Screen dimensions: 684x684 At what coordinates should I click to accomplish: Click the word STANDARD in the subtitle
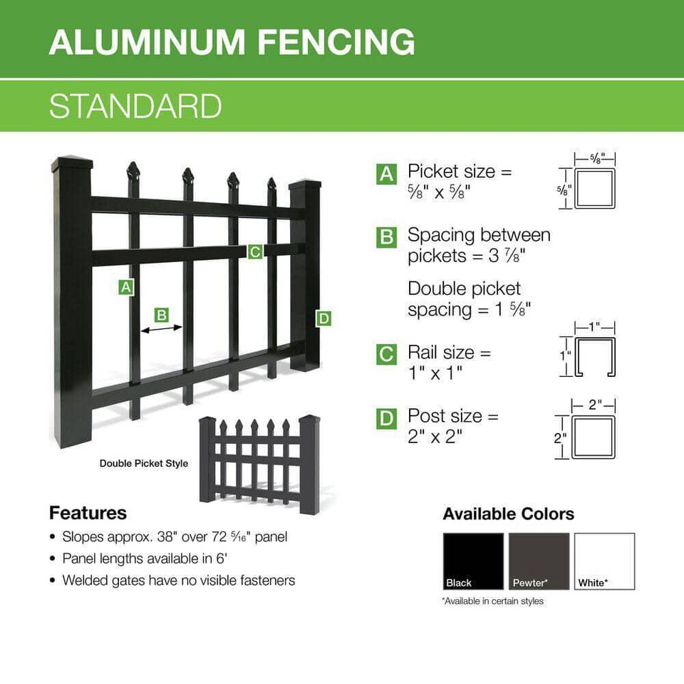pyautogui.click(x=135, y=105)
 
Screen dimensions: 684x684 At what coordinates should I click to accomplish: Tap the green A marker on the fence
pyautogui.click(x=126, y=287)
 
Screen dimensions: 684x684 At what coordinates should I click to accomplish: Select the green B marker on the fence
pyautogui.click(x=162, y=314)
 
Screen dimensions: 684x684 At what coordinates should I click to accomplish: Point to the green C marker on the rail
pyautogui.click(x=254, y=251)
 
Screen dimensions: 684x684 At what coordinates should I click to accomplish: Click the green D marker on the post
pyautogui.click(x=323, y=318)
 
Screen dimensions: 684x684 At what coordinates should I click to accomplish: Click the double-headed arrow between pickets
pyautogui.click(x=162, y=328)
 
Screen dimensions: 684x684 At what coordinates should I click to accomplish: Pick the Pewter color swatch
pyautogui.click(x=539, y=561)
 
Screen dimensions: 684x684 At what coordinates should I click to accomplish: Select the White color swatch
pyautogui.click(x=604, y=561)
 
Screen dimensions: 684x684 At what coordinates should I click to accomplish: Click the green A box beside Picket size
pyautogui.click(x=386, y=173)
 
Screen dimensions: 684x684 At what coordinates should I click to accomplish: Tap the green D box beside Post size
pyautogui.click(x=386, y=418)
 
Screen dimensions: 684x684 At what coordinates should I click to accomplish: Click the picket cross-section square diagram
pyautogui.click(x=594, y=189)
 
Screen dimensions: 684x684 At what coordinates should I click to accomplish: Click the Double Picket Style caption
pyautogui.click(x=144, y=463)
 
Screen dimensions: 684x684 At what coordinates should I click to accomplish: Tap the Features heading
pyautogui.click(x=88, y=513)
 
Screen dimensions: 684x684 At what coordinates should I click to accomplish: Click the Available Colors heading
pyautogui.click(x=508, y=514)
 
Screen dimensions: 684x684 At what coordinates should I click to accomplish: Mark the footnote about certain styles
pyautogui.click(x=492, y=601)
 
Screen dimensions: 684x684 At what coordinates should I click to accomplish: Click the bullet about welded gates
pyautogui.click(x=178, y=580)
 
